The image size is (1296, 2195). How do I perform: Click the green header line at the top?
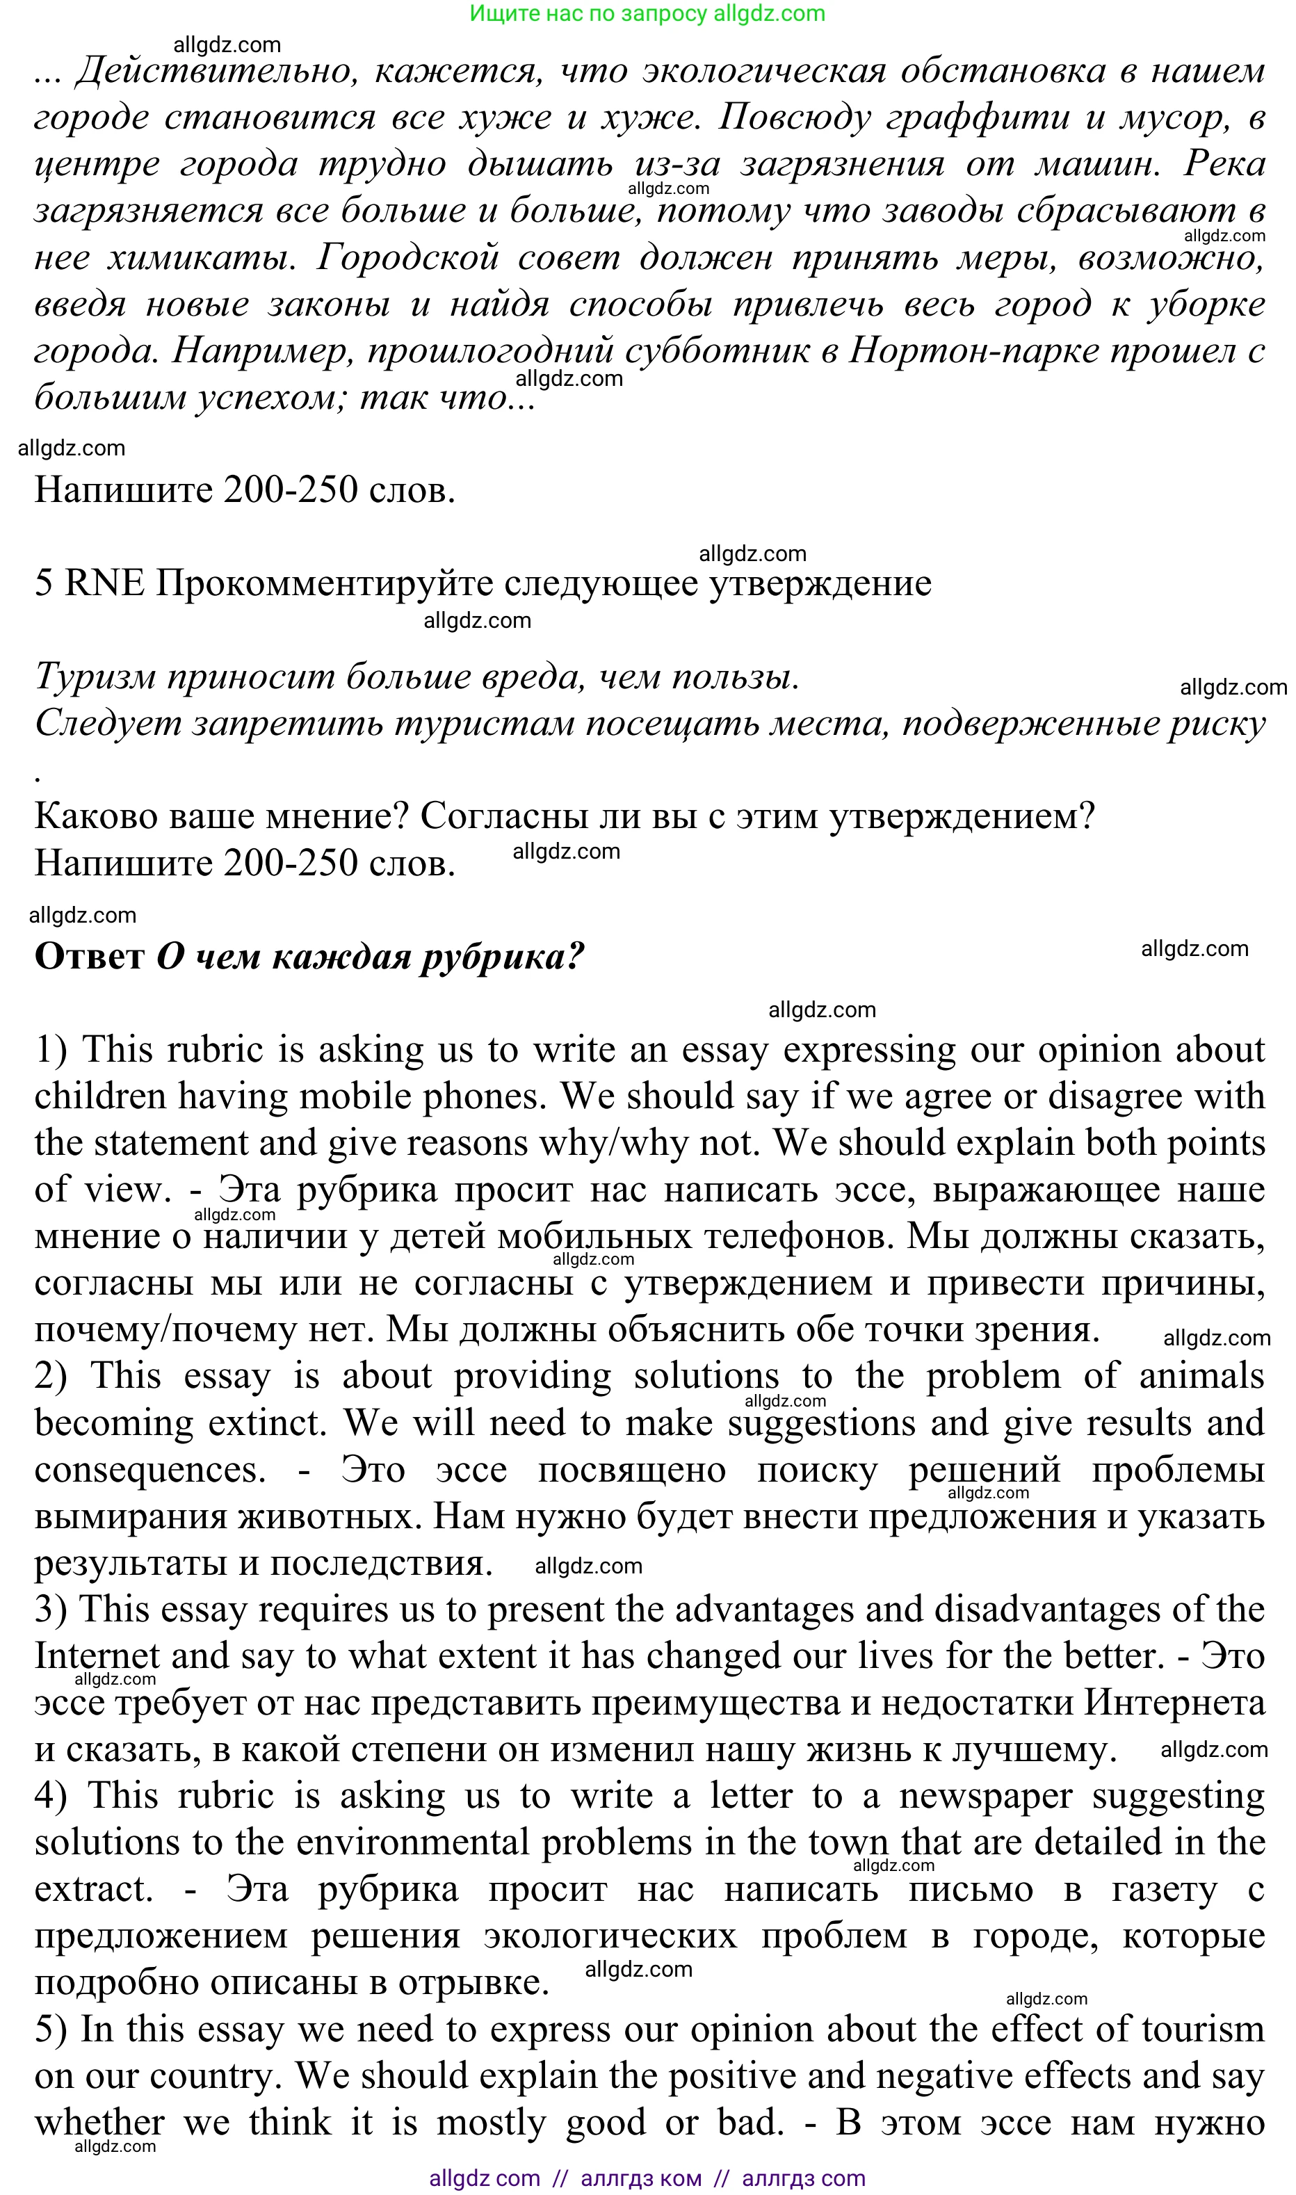(x=647, y=14)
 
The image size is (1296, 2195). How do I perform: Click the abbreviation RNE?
(x=104, y=583)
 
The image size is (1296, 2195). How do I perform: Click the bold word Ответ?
(x=89, y=957)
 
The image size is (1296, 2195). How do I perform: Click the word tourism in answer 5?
(x=1203, y=2030)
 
